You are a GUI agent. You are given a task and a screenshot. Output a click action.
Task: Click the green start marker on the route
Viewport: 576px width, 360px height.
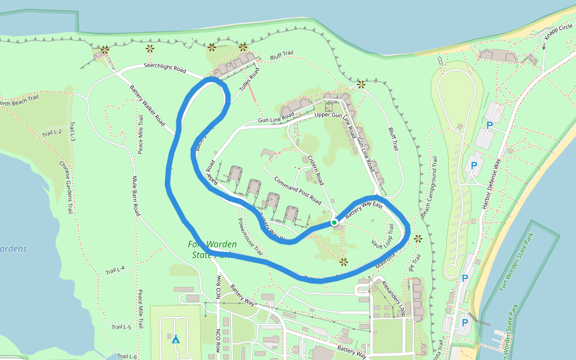[x=334, y=223]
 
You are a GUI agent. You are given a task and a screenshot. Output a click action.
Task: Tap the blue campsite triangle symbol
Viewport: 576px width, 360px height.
[x=176, y=340]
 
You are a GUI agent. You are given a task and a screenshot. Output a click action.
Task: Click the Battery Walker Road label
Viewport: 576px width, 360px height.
[x=147, y=105]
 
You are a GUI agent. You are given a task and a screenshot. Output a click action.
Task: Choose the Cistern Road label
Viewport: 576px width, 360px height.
[x=316, y=170]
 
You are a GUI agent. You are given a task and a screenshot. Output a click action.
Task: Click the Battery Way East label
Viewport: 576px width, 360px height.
[x=364, y=209]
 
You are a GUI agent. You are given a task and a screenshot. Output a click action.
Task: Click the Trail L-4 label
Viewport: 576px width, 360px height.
[x=115, y=271]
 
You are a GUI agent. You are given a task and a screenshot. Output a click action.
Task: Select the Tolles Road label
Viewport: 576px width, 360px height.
[x=250, y=79]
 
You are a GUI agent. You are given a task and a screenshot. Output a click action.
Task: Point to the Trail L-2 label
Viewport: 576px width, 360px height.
[x=52, y=132]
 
